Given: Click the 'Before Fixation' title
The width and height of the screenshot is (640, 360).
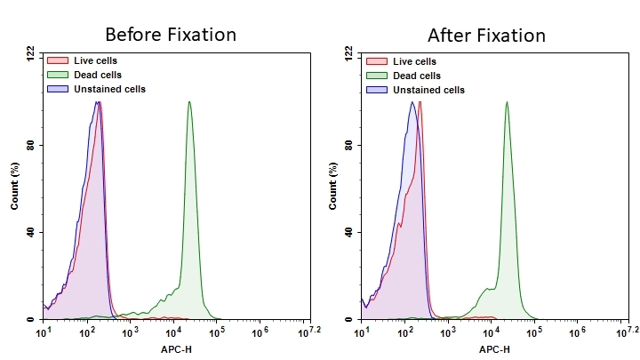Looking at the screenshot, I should point(171,36).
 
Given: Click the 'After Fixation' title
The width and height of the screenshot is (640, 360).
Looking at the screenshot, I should point(486,36).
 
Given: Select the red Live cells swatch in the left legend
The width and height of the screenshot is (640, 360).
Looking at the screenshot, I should point(56,61).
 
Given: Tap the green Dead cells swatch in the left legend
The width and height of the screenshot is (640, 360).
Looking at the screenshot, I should point(56,76).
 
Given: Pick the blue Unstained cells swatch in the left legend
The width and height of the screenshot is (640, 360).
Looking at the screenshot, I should point(56,89).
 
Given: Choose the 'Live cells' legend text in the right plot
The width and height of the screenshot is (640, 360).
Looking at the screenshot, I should point(414,61).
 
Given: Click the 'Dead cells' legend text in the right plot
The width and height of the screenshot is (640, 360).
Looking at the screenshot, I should point(415,76).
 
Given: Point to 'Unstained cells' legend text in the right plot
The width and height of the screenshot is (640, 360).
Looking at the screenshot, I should point(428,90).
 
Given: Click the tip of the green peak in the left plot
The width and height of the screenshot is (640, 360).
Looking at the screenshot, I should point(189,101).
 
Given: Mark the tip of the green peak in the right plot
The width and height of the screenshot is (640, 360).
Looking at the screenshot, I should point(507,101).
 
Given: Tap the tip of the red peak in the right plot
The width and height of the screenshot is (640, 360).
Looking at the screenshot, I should point(420,101).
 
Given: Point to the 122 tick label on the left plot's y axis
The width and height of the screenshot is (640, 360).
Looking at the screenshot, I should point(30,54).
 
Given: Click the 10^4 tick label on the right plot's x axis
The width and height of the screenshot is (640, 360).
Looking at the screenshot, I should point(491,332).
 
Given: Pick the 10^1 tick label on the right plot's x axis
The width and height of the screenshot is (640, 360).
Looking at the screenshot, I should point(363,332).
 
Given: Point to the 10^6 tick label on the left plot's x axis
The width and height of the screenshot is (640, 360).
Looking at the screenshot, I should point(260,332).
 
